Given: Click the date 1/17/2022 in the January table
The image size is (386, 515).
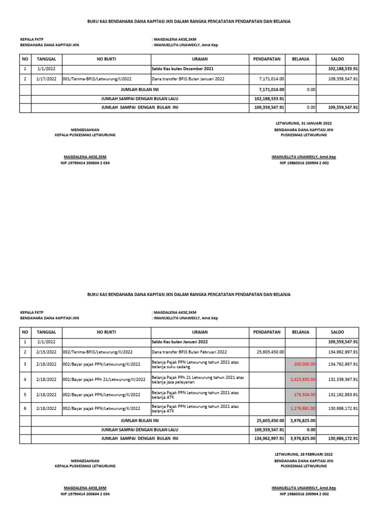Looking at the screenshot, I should pos(46,79).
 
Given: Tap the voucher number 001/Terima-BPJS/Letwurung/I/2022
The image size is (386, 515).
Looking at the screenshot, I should pos(97,79).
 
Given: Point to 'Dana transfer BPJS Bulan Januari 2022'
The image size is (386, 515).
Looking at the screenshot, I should pos(188,79).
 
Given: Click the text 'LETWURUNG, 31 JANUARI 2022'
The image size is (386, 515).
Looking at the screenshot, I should pos(304,123).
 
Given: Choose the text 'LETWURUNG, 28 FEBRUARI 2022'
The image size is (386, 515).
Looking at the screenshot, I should pos(304,454).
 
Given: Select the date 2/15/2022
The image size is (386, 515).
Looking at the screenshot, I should pos(46,352).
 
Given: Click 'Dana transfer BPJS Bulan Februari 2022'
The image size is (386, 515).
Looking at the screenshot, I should pos(189,352).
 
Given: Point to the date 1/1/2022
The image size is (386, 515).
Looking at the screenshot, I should pos(46,68).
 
